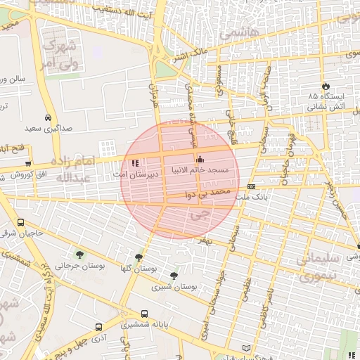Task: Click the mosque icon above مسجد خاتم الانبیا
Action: [200, 159]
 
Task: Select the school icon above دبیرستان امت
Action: [135, 163]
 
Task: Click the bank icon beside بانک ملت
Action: [251, 186]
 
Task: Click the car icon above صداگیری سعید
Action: [47, 118]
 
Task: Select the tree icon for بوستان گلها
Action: [138, 258]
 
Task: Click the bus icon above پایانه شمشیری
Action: [144, 314]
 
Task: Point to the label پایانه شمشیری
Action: [144, 325]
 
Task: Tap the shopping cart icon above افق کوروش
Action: [29, 163]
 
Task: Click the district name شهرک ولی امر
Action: [58, 53]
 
